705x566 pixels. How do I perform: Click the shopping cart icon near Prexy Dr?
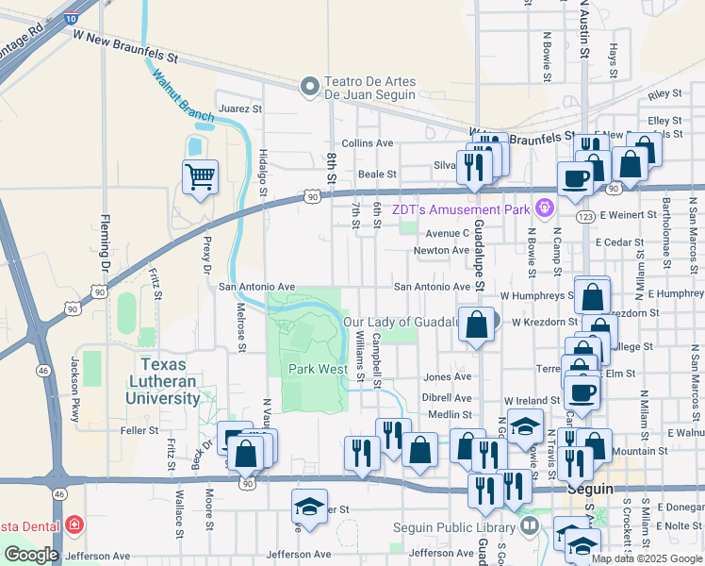[x=200, y=175]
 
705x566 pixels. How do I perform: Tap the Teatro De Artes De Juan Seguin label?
[x=370, y=88]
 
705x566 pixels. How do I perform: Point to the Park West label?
[x=318, y=369]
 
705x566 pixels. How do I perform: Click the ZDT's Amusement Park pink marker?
[x=543, y=208]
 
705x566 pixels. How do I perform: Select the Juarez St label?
[x=239, y=108]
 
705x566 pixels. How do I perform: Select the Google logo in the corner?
[x=31, y=555]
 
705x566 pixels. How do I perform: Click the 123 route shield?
[x=584, y=217]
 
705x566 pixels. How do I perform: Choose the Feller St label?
[x=139, y=430]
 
